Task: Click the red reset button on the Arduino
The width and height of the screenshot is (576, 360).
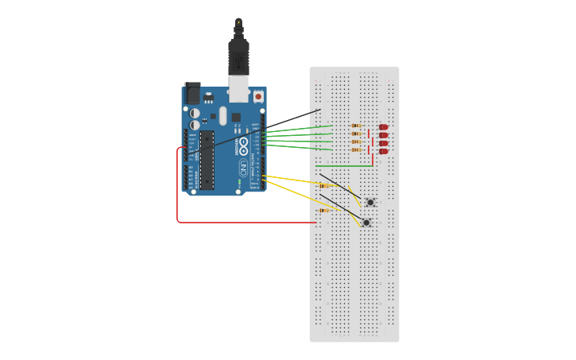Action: click(258, 96)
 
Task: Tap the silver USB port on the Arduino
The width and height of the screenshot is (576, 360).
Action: click(238, 88)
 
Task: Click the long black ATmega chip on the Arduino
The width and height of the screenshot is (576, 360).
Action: click(207, 160)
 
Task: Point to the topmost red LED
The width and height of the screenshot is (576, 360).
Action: click(383, 127)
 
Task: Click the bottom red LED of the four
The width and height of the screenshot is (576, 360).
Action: click(383, 151)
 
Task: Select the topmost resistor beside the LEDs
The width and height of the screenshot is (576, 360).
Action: click(357, 126)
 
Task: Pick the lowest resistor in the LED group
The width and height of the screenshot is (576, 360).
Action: click(357, 150)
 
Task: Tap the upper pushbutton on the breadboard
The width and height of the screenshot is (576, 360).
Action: click(369, 203)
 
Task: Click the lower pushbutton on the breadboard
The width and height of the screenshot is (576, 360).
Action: click(365, 223)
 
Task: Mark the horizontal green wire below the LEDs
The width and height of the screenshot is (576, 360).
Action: click(342, 165)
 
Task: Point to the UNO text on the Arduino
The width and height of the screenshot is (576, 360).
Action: click(242, 167)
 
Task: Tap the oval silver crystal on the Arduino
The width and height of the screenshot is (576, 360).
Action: click(223, 116)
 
